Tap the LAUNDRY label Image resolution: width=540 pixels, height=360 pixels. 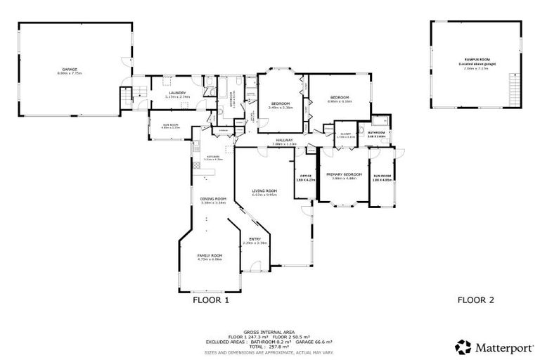point(175,93)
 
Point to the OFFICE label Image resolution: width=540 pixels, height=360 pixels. point(306,176)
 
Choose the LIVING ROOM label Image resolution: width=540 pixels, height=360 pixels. point(265,191)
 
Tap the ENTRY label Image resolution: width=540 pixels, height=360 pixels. point(255,239)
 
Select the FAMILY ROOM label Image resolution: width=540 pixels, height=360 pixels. point(210,255)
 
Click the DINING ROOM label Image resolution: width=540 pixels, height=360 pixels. point(212,199)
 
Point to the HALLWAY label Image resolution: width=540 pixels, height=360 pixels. point(284,141)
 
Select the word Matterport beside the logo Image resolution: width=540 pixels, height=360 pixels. point(500,346)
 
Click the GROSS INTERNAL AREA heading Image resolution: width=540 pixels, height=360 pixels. point(270,331)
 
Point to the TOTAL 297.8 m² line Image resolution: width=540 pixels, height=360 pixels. point(270,346)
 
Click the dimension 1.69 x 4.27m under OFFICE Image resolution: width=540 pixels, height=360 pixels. point(306,180)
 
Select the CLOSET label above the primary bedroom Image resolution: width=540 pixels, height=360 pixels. point(345,133)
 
